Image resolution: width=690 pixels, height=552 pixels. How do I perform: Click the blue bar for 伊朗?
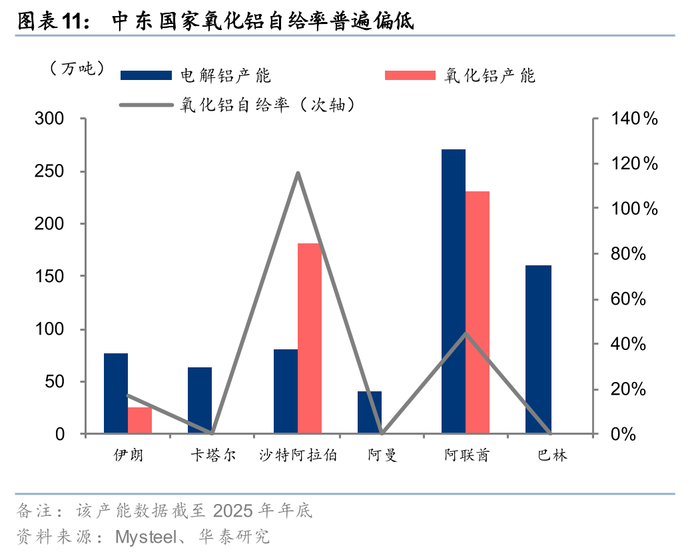[116, 393]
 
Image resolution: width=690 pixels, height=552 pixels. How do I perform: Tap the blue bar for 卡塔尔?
[200, 400]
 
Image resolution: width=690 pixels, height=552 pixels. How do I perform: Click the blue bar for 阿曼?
[370, 413]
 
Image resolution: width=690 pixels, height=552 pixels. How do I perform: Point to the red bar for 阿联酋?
[478, 313]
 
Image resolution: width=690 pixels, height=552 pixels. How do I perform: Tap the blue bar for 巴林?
[538, 349]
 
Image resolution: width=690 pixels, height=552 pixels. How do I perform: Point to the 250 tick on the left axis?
[51, 171]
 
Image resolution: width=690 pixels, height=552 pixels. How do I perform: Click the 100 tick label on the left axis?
[51, 329]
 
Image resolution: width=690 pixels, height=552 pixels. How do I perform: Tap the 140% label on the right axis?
[633, 119]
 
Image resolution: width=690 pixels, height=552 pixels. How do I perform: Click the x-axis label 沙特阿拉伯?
[298, 455]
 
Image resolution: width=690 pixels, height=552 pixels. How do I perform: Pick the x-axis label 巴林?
[552, 455]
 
